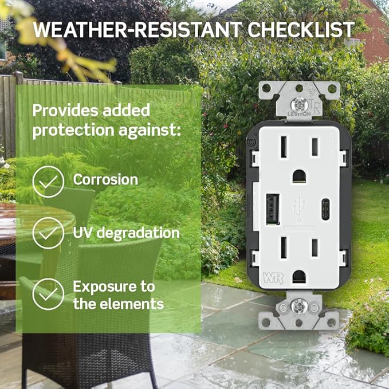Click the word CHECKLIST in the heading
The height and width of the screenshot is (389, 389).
click(x=301, y=30)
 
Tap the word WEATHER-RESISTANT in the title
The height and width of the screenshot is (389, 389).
click(x=137, y=30)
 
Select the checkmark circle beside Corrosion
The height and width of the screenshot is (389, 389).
click(x=48, y=182)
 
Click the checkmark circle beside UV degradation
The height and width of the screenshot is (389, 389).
click(x=48, y=233)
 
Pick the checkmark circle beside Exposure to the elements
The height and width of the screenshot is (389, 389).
click(x=48, y=294)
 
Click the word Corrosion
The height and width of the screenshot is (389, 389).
click(x=105, y=180)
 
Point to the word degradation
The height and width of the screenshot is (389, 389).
click(x=138, y=233)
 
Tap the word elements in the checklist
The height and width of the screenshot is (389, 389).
click(x=132, y=304)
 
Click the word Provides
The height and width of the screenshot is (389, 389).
click(x=66, y=111)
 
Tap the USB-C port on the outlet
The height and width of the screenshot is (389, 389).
click(x=326, y=210)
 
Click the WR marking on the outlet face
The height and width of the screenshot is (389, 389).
click(x=273, y=278)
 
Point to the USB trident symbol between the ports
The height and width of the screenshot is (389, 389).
click(x=299, y=209)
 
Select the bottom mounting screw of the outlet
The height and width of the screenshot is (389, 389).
click(x=299, y=307)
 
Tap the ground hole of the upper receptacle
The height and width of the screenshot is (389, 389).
click(x=299, y=176)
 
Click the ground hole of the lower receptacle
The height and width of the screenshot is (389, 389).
click(x=299, y=277)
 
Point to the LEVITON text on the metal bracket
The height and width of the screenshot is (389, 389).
click(x=299, y=114)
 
